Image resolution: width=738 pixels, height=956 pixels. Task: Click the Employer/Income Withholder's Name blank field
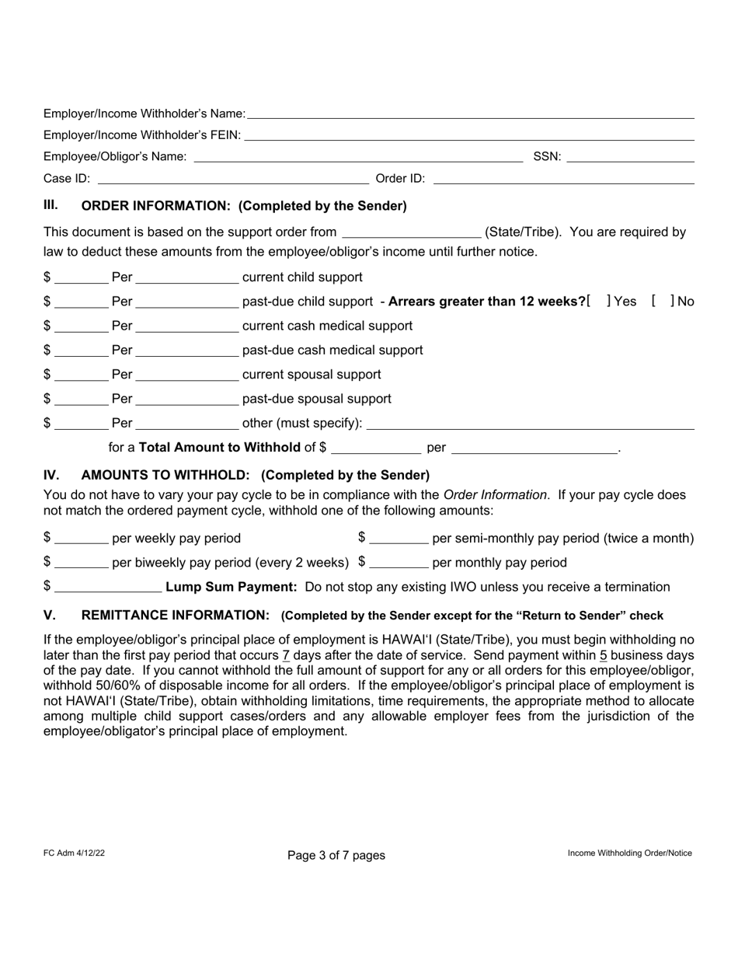click(470, 113)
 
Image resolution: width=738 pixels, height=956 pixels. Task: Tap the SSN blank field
click(630, 157)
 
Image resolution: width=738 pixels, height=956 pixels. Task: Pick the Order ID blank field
click(563, 179)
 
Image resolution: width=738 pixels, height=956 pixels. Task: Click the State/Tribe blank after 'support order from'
click(411, 232)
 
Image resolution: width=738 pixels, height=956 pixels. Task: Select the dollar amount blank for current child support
click(82, 277)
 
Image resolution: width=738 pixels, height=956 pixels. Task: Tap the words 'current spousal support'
click(312, 375)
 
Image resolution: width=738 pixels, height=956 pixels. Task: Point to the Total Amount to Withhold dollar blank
click(375, 448)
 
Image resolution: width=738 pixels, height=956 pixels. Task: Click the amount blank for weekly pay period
click(82, 539)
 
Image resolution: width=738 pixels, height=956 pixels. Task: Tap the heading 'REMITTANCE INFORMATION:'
click(176, 616)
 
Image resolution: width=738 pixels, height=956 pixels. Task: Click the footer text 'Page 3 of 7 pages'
click(336, 855)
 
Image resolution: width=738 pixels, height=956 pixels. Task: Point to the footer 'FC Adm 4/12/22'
click(75, 853)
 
